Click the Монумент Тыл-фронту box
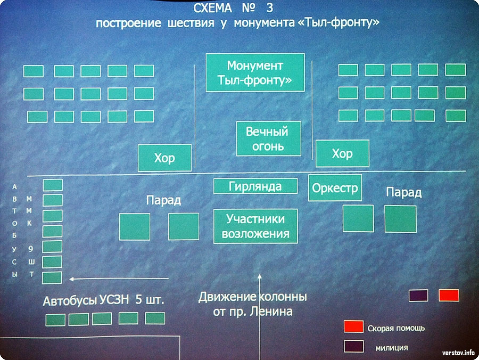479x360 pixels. (x=255, y=72)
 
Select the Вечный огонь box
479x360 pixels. (x=269, y=139)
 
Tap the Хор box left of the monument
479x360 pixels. (x=164, y=158)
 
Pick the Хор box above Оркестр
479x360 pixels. (x=342, y=153)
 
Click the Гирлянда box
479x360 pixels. (x=255, y=186)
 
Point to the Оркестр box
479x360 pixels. (x=335, y=188)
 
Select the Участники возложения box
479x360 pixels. (x=255, y=226)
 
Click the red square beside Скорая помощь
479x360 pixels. (x=353, y=326)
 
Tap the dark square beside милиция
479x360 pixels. (x=354, y=346)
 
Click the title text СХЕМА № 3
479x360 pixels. (x=233, y=8)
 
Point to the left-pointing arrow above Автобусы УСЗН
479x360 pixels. (x=119, y=279)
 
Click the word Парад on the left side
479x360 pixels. (x=163, y=200)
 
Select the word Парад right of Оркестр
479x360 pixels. (x=403, y=193)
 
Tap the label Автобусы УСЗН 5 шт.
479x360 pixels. (x=103, y=300)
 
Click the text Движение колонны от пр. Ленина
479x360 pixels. (x=253, y=304)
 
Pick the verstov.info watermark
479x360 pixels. (x=458, y=353)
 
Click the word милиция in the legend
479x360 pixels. (x=392, y=348)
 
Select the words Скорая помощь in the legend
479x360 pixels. (x=396, y=328)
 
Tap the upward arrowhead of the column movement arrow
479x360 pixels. (x=260, y=276)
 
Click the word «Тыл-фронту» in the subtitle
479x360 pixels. (x=338, y=22)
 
